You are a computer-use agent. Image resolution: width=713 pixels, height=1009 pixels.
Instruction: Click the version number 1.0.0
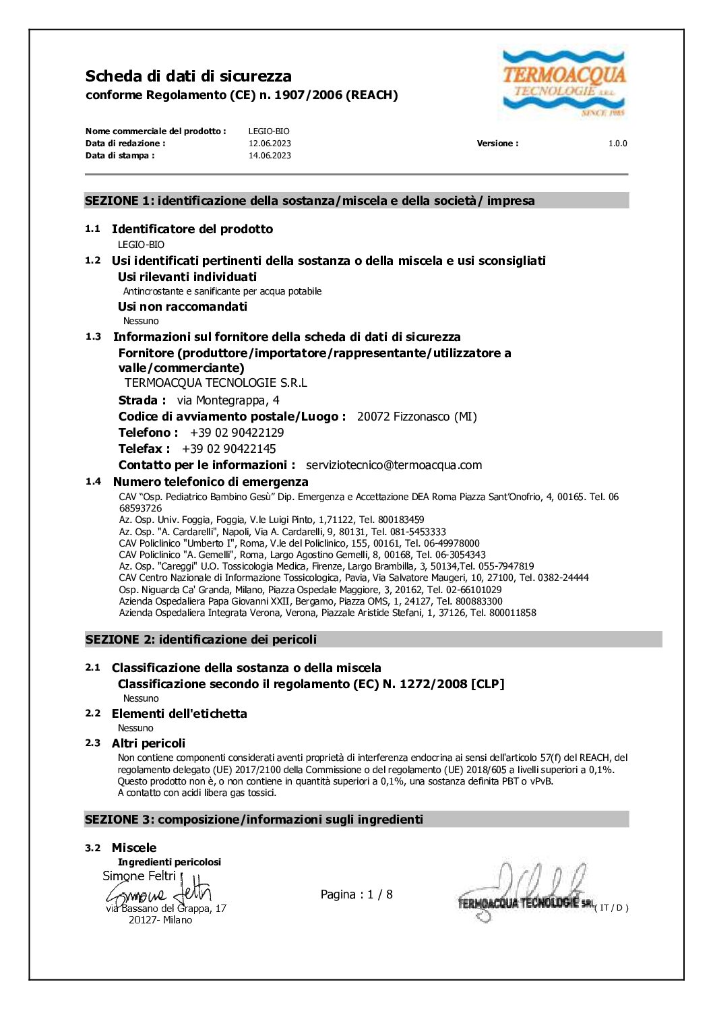[x=617, y=144]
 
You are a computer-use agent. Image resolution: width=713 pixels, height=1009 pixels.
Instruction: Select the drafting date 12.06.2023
[x=270, y=144]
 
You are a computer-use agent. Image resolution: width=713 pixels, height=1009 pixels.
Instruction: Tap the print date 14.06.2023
[x=270, y=156]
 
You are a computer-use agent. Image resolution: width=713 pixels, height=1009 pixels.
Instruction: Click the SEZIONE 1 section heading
[x=310, y=201]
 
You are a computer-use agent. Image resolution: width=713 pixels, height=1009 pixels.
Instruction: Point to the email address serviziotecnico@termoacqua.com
[x=394, y=465]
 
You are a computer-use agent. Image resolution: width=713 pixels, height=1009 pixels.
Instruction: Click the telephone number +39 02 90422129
[x=237, y=433]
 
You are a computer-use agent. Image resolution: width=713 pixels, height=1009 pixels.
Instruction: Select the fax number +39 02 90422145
[x=228, y=449]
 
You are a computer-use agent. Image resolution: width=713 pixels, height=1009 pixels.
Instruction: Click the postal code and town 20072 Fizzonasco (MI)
[x=416, y=417]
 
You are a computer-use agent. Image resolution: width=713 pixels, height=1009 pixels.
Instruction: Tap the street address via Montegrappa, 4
[x=228, y=400]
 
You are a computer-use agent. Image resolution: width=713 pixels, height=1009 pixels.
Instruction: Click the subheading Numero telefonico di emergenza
[x=210, y=482]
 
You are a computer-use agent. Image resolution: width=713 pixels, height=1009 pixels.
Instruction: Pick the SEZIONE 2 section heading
[x=201, y=640]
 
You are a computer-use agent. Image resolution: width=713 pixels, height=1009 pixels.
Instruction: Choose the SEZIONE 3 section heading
[x=254, y=820]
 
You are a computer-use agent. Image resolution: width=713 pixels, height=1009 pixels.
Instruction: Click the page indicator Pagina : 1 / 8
[x=356, y=894]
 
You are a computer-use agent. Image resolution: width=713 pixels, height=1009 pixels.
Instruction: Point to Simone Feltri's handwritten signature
[x=159, y=894]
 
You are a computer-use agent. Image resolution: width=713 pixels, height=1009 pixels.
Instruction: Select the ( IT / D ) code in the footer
[x=611, y=908]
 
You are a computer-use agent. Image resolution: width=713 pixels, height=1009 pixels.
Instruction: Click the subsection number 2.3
[x=92, y=743]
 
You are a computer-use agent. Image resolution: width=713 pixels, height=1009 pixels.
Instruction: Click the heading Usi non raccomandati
[x=182, y=307]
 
